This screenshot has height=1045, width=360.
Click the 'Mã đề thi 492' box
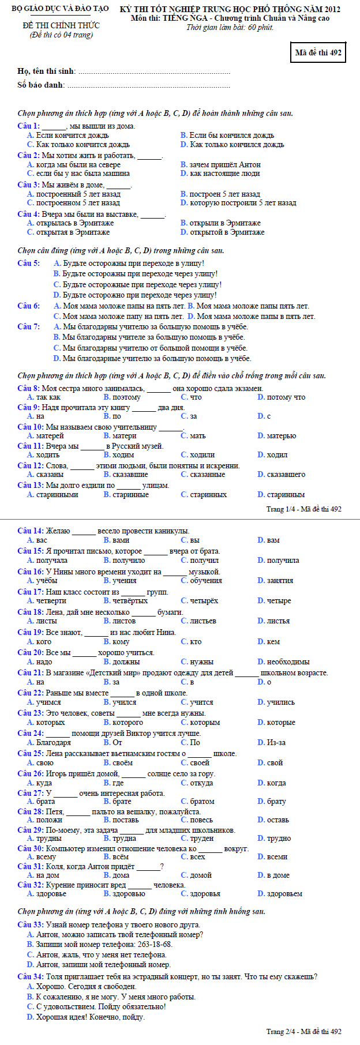318,52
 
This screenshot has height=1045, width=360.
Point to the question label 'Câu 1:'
28,126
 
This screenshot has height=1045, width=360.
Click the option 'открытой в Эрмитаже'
227,232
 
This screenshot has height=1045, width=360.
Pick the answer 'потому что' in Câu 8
286,397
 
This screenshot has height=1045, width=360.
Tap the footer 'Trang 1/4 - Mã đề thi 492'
303,509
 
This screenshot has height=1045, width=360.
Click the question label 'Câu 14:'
31,531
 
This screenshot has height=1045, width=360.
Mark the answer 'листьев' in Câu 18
203,621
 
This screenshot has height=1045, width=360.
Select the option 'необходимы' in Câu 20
288,661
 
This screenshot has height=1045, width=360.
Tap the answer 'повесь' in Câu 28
201,820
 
